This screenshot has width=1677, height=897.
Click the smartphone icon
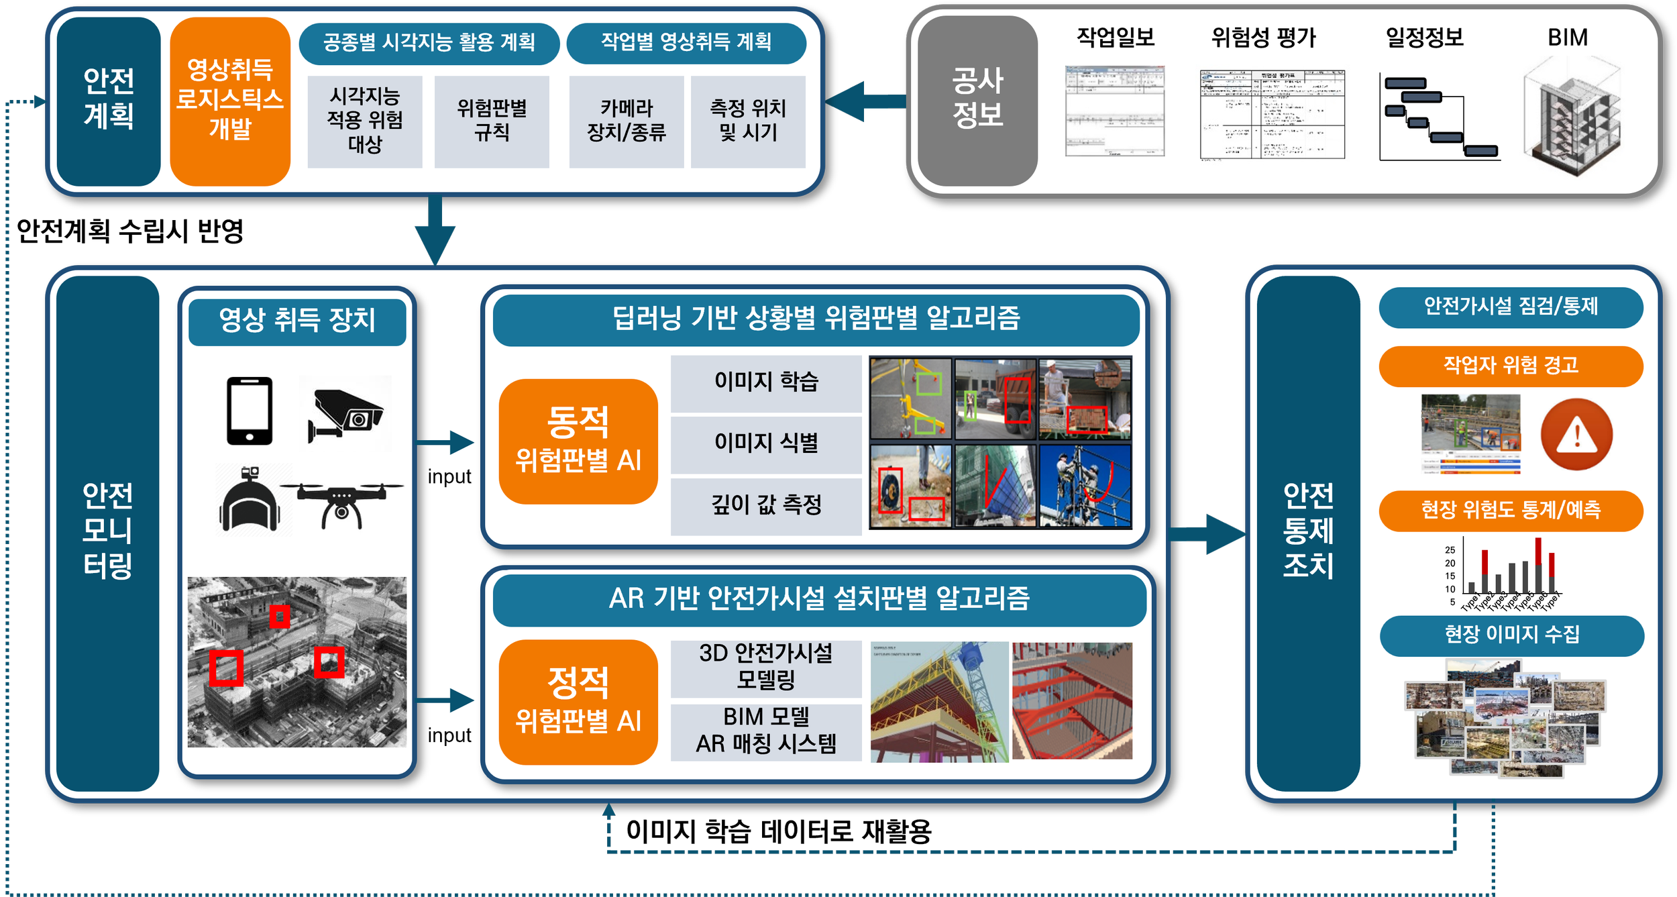pyautogui.click(x=250, y=411)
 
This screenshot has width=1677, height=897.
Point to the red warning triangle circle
pyautogui.click(x=1576, y=435)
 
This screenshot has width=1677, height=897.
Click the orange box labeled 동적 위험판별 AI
pyautogui.click(x=578, y=441)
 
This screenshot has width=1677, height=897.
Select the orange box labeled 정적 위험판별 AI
pyautogui.click(x=578, y=702)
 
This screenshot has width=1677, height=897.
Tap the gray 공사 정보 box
pyautogui.click(x=977, y=101)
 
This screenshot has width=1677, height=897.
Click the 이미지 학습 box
pyautogui.click(x=766, y=382)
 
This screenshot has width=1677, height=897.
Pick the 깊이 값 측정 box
pyautogui.click(x=766, y=505)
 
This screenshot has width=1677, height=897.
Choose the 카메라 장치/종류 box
pyautogui.click(x=626, y=121)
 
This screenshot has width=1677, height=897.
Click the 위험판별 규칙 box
pyautogui.click(x=492, y=121)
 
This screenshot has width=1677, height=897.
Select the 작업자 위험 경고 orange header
pyautogui.click(x=1511, y=366)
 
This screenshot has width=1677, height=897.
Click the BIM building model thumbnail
pyautogui.click(x=1572, y=117)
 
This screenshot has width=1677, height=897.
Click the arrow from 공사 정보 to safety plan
pyautogui.click(x=865, y=101)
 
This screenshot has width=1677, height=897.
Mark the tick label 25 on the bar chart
pyautogui.click(x=1450, y=550)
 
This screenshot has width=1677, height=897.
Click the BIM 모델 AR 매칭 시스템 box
pyautogui.click(x=766, y=731)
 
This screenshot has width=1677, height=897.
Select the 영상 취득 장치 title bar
pyautogui.click(x=297, y=321)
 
